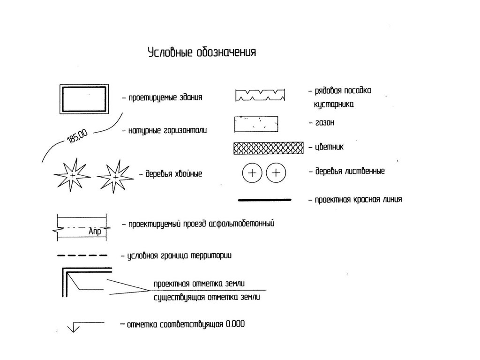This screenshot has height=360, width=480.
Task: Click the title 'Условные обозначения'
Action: point(202,52)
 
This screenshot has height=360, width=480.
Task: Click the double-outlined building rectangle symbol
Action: point(83,98)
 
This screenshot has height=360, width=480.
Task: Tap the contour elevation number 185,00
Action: point(78,138)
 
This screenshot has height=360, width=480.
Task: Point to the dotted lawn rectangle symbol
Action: point(257,124)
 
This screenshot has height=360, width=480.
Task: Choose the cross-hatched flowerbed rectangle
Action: point(268,148)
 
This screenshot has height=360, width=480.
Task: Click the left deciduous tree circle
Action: point(252,173)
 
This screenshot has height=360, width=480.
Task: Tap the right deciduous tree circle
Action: point(276,173)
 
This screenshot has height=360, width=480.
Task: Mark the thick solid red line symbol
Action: point(265,200)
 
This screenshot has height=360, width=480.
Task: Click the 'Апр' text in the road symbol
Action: point(95,231)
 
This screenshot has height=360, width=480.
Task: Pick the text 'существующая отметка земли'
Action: point(207,298)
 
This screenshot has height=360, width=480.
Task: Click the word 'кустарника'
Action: point(334,105)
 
